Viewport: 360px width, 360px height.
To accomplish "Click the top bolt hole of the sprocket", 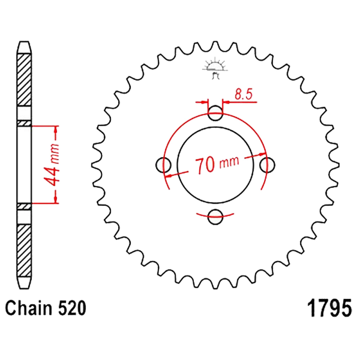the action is (x=215, y=113).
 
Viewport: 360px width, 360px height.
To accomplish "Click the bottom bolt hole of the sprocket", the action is (x=215, y=216).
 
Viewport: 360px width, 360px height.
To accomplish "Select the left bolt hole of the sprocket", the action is (x=163, y=165).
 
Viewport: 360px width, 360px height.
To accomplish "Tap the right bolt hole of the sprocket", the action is (x=267, y=165).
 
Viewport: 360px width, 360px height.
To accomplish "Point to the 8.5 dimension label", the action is (x=244, y=94).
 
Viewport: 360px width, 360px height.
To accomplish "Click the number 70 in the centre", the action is (x=205, y=165).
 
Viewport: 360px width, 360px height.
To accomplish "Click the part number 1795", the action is (x=329, y=308).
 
